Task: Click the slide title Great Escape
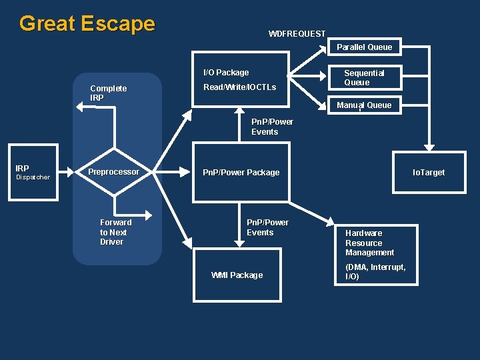(x=87, y=24)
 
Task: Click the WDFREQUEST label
(x=297, y=33)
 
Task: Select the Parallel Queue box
(x=364, y=47)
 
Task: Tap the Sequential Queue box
(x=364, y=77)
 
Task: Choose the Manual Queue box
(x=364, y=105)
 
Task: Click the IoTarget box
(x=429, y=172)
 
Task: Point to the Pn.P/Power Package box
(x=241, y=172)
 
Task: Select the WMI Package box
(x=237, y=275)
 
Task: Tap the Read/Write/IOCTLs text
(x=239, y=87)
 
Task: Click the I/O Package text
(x=226, y=72)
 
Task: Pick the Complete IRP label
(x=108, y=93)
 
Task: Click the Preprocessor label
(x=114, y=172)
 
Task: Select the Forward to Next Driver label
(x=115, y=232)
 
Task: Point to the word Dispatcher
(x=33, y=177)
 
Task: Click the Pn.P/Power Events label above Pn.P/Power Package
(x=271, y=127)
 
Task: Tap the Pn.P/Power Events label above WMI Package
(x=267, y=227)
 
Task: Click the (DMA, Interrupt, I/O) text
(x=375, y=271)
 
